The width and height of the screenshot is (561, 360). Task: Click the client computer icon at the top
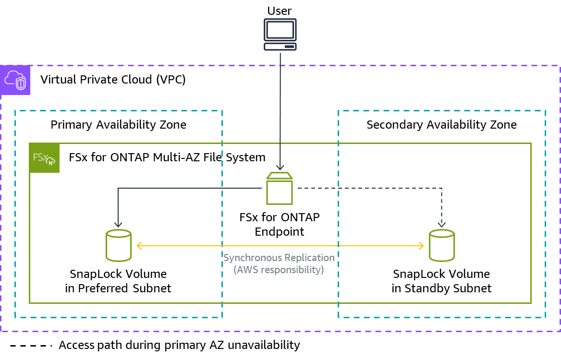point(280,35)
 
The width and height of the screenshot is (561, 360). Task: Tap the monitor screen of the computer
point(280,30)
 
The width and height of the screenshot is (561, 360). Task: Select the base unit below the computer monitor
point(280,47)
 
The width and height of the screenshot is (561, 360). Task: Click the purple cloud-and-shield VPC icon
point(15,80)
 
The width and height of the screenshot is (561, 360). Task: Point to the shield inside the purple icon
point(21,84)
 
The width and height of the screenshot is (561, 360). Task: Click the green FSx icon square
point(45,157)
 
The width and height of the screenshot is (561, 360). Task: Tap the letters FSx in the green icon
point(40,156)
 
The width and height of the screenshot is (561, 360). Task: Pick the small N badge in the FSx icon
point(51,162)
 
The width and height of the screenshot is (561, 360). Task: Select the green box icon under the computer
point(280,189)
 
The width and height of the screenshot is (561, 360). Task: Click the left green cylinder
point(119,245)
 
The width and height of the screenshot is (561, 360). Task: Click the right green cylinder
point(442,245)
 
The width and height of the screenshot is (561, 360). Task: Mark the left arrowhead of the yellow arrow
point(139,246)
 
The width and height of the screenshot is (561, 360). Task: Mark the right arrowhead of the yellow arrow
point(421,246)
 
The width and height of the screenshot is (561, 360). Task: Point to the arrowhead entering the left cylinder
point(118,224)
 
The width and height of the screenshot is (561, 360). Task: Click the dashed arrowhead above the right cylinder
point(441,224)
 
